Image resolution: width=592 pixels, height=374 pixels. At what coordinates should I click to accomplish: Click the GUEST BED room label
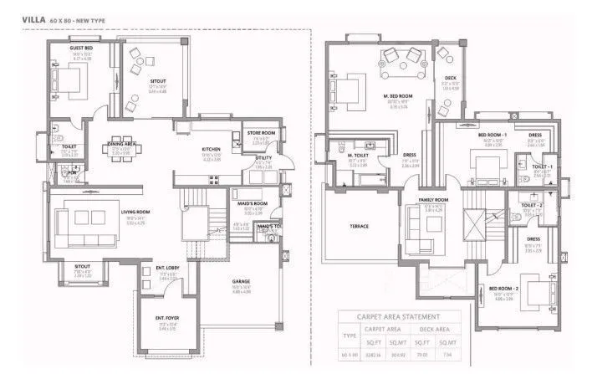81,49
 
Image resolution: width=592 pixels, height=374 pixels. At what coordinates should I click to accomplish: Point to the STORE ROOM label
261,133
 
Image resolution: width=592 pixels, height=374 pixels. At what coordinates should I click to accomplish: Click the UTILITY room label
263,157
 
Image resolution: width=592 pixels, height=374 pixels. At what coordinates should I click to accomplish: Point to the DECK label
450,79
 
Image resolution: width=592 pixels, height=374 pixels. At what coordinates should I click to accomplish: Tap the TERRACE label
359,226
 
